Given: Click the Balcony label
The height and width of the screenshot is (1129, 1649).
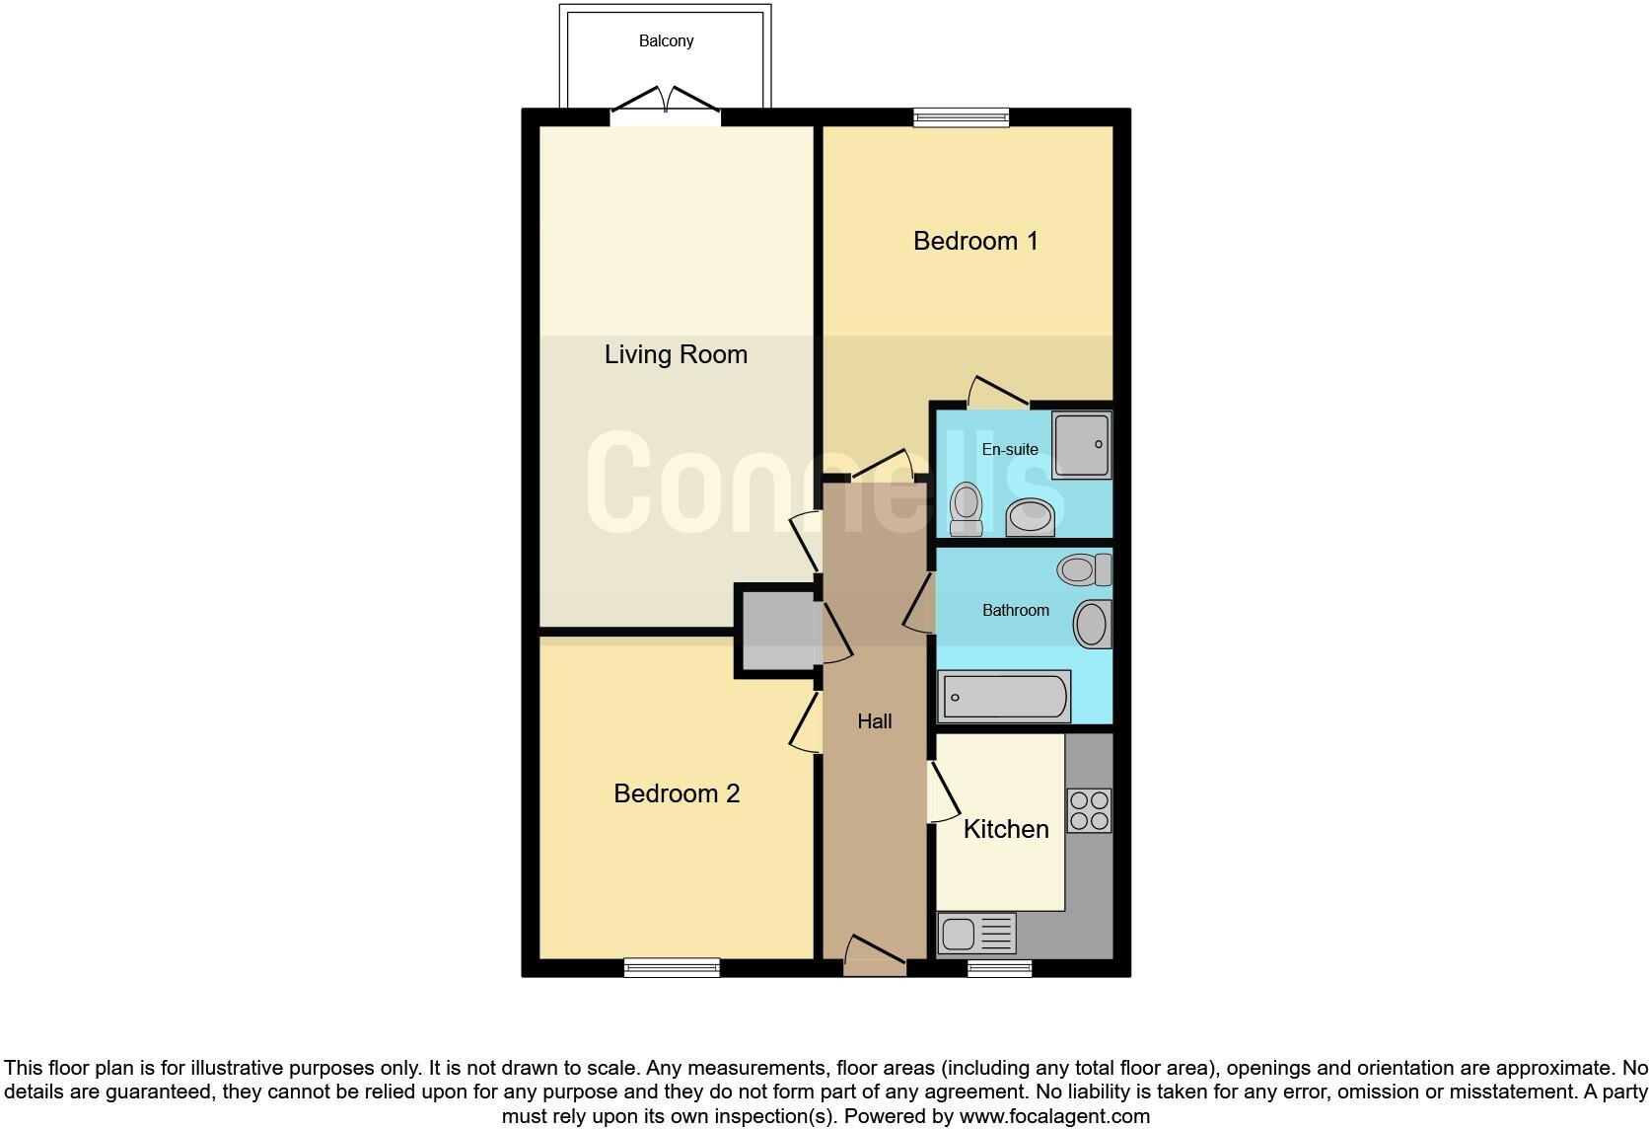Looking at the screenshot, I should pos(666,41).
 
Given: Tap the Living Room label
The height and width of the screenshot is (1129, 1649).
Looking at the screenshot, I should pos(676,354).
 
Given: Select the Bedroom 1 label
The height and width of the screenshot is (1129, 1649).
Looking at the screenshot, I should pos(975,241).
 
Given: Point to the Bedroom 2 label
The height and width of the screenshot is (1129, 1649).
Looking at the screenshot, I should pos(677,793).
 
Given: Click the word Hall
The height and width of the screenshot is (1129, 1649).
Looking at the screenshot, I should pos(874,721).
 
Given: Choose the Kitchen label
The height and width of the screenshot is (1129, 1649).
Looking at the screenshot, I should pos(1005,829).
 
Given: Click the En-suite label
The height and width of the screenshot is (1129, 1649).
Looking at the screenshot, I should pos(1010,449).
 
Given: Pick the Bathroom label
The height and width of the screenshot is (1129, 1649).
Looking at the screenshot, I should pos(1015,610).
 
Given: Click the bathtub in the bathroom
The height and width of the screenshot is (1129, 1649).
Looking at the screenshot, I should pos(1004,696).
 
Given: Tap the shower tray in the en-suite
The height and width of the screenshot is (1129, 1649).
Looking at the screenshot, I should pos(1082,445).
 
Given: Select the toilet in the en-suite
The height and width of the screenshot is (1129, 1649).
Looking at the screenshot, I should pos(966,508).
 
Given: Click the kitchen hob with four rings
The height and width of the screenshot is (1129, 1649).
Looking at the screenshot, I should pos(1089,810).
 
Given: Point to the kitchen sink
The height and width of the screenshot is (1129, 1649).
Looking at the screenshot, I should pos(976,934).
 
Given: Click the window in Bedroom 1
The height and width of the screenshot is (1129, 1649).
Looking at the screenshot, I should pos(962,118).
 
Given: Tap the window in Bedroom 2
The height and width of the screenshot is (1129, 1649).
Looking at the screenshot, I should pos(672,968).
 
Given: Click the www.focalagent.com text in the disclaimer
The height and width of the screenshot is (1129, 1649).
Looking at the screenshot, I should pos(1054,1117).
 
